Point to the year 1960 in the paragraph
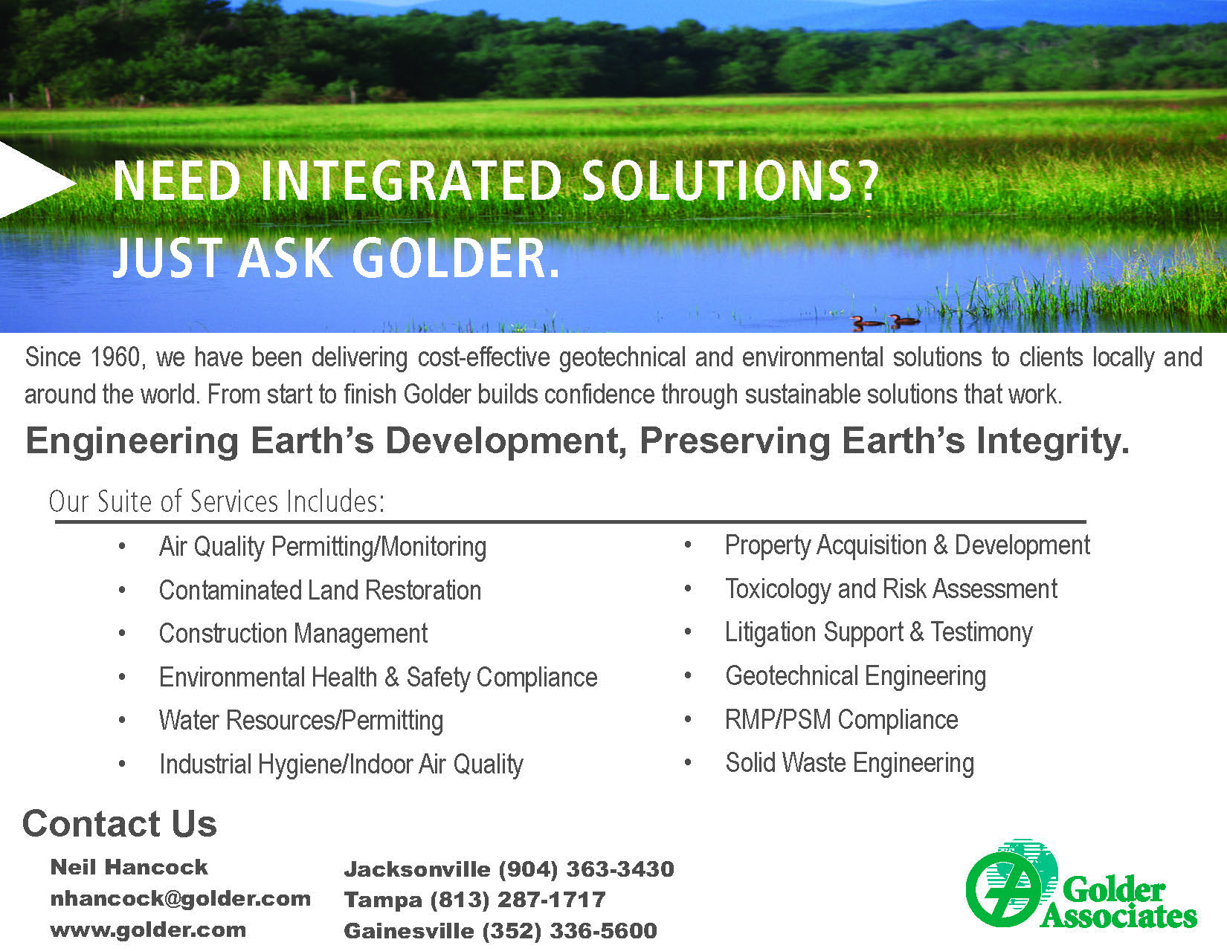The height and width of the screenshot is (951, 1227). tap(115, 357)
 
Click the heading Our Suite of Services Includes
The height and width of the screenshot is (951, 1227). tap(217, 501)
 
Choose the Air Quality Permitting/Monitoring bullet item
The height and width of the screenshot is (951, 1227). tap(323, 547)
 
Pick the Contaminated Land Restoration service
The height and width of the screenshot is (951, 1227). tap(321, 590)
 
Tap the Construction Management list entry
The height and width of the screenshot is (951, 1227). tap(293, 634)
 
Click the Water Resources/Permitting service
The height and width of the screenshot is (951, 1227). tap(301, 721)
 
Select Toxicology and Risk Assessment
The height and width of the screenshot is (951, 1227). tap(891, 589)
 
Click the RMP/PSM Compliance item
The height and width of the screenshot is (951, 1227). tap(841, 720)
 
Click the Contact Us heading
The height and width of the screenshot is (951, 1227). tap(120, 823)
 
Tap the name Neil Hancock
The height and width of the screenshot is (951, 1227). tap(129, 868)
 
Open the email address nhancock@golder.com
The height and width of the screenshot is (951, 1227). tap(180, 899)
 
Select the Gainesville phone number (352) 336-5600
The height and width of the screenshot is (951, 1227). tap(570, 931)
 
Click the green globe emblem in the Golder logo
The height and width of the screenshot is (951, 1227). tap(1011, 883)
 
